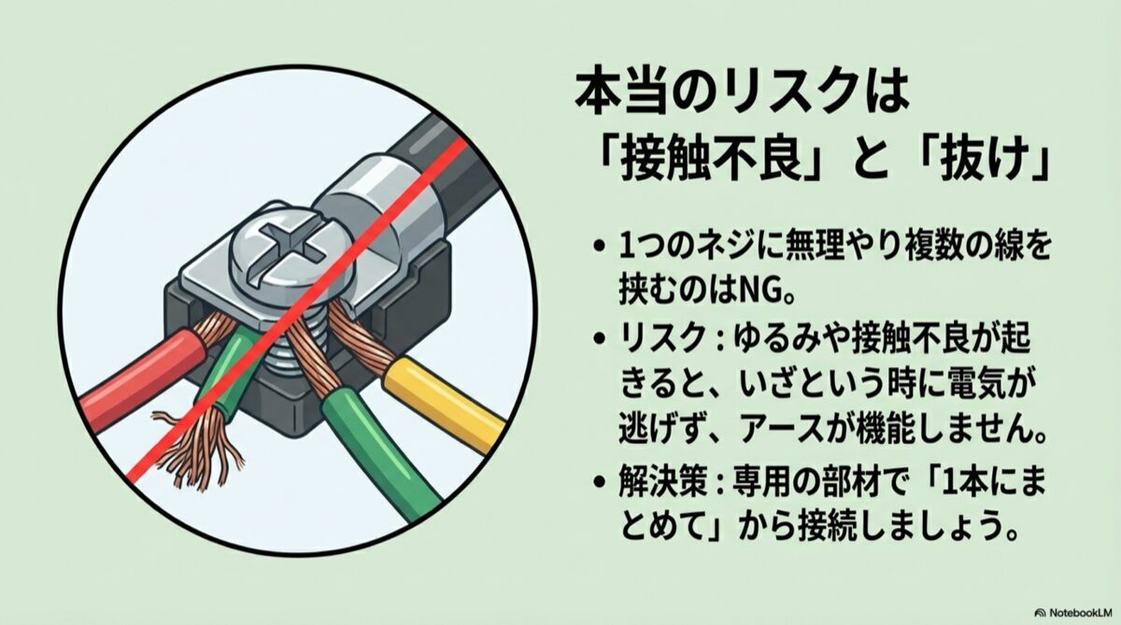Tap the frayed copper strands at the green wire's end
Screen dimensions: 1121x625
pos(198,447)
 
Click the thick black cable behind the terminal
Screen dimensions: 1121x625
pos(440,165)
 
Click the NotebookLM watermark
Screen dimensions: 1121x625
pos(1075,613)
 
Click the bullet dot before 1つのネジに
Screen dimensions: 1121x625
pos(599,249)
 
